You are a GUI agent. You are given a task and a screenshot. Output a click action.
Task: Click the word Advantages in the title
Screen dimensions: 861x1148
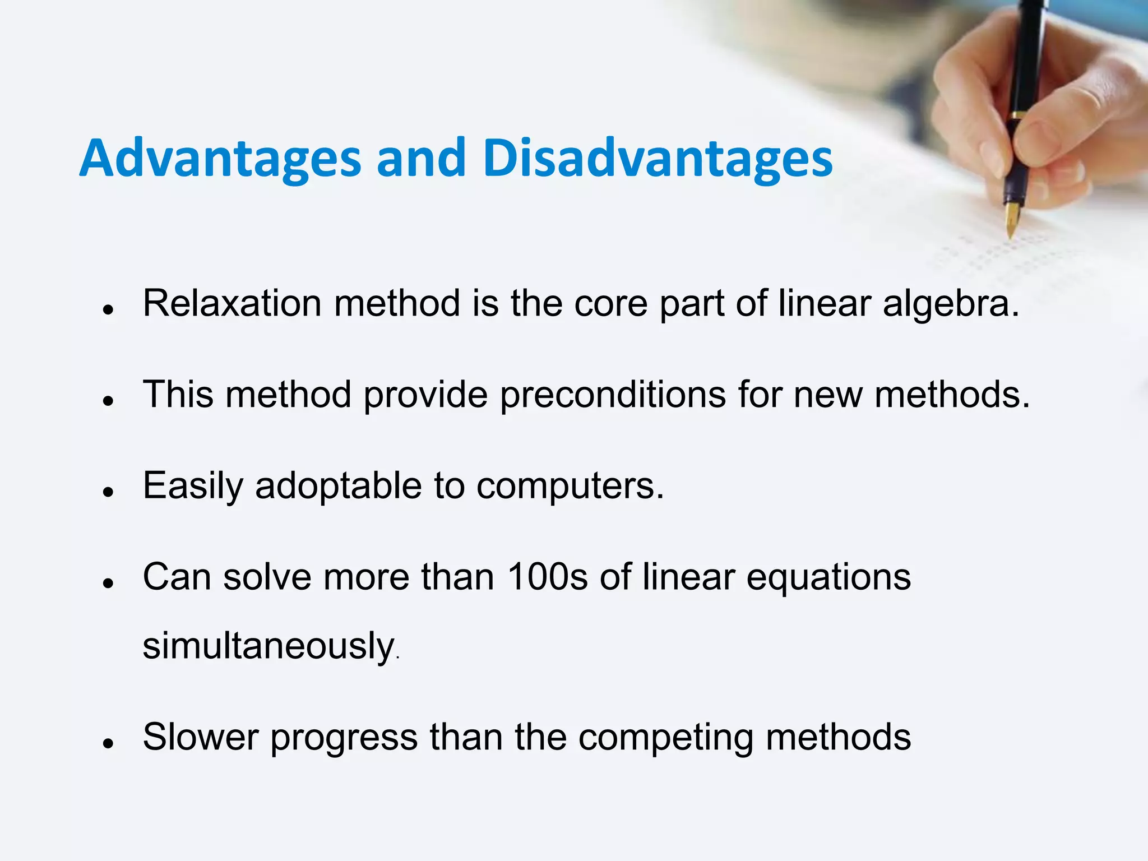coord(220,159)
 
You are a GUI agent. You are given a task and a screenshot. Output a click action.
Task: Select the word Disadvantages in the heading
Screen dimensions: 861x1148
coord(658,159)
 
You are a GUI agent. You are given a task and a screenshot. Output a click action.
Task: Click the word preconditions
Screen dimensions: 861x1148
coord(613,395)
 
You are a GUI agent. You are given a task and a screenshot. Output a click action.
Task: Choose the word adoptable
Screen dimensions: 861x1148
coord(338,485)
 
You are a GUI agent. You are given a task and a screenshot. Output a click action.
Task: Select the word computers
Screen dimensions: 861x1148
coord(570,487)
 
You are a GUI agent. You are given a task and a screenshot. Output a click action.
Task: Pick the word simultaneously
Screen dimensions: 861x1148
coord(269,646)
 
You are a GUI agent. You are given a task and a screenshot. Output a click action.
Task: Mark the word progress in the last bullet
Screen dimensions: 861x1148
coord(344,738)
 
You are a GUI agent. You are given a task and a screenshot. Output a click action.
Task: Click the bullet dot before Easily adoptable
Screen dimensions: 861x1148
coord(109,492)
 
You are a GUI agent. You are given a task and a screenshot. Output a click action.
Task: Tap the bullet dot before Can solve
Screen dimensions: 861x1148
coord(109,583)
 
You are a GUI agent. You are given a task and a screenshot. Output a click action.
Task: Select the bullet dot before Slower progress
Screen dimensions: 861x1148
coord(109,743)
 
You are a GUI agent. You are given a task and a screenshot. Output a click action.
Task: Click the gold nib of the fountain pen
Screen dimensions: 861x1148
coord(1012,220)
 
